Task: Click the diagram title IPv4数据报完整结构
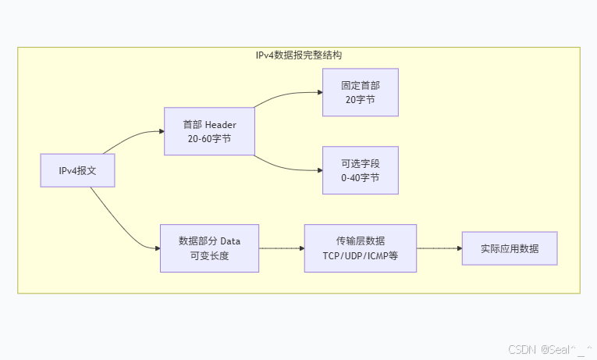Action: [299, 56]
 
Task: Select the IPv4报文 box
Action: [77, 170]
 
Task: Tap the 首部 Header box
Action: [209, 131]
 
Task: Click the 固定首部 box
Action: [361, 92]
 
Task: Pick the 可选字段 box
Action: [361, 170]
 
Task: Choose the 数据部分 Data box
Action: [209, 248]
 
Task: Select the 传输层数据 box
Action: [360, 248]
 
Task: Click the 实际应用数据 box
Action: [509, 248]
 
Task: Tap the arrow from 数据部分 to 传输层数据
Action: [281, 248]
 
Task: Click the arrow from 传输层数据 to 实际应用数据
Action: [439, 248]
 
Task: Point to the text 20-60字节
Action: [209, 139]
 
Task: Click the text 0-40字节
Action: [361, 178]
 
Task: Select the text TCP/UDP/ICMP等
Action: [360, 256]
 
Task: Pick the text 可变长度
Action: [209, 256]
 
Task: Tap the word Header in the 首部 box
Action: [220, 124]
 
